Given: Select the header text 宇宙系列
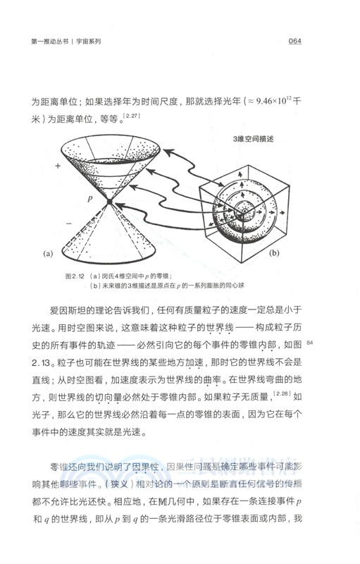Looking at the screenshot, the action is click(x=86, y=42).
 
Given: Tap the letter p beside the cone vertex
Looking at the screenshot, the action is click(x=90, y=200).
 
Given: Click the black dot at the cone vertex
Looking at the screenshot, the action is click(x=109, y=204).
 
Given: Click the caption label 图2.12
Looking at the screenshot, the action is click(x=75, y=276).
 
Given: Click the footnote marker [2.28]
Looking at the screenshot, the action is click(x=282, y=395).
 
